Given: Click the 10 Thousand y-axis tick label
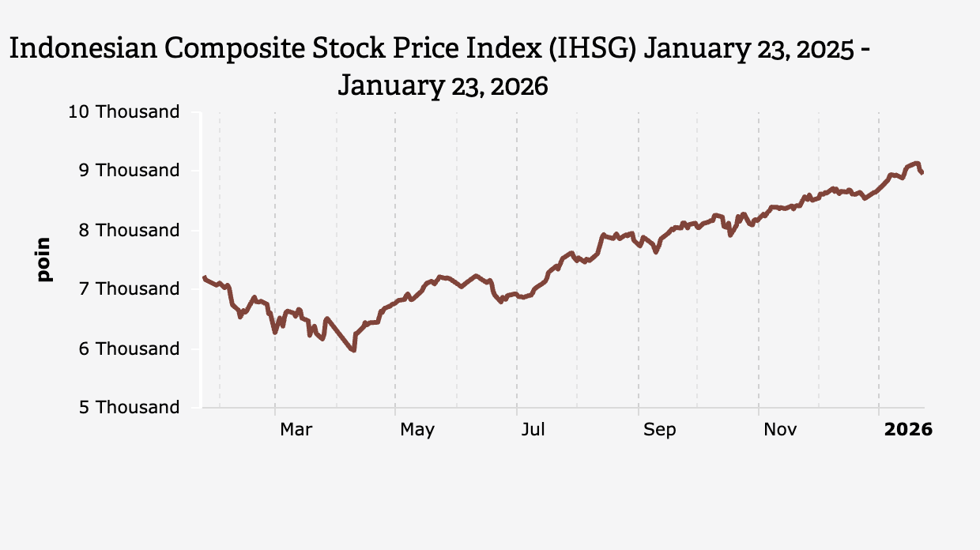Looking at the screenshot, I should click(124, 112).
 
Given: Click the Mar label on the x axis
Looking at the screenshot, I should click(296, 430).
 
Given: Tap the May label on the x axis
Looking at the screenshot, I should click(416, 430).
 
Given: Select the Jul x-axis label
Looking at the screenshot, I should click(533, 430).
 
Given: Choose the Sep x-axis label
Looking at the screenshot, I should click(659, 430).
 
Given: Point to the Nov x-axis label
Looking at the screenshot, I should click(780, 430).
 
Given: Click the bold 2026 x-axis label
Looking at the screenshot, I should click(908, 430).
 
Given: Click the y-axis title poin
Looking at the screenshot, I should click(43, 259).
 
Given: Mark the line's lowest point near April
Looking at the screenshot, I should click(353, 350).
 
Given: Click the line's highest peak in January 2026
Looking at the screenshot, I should click(917, 163).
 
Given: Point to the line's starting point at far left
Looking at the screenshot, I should click(204, 277).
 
